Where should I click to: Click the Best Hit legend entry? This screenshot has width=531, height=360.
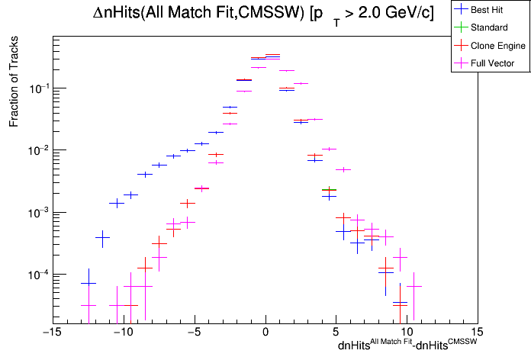[488, 10]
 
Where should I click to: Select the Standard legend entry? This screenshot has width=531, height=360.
[489, 27]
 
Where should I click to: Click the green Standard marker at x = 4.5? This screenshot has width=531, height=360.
[329, 189]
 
